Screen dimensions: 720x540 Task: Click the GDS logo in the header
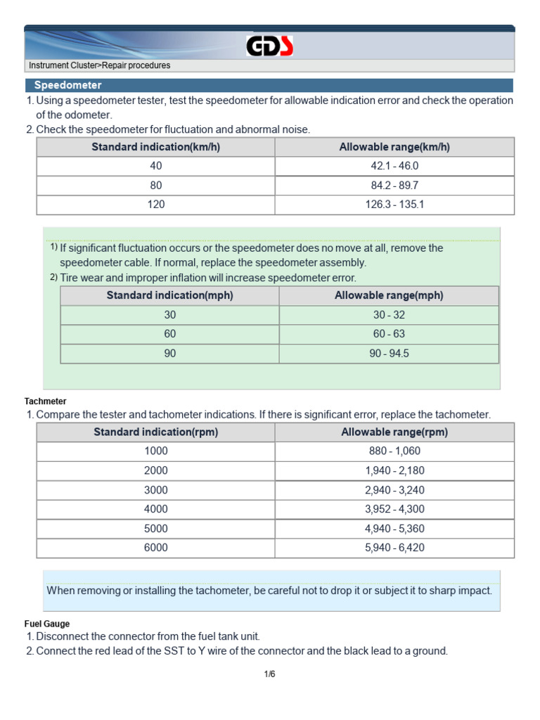(270, 46)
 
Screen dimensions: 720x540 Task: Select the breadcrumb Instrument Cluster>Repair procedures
(99, 65)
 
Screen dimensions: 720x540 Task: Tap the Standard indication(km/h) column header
(155, 147)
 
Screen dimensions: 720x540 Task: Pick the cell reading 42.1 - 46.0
(394, 166)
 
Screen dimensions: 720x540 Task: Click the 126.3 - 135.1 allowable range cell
(394, 205)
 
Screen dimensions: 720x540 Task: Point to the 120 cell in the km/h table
(155, 205)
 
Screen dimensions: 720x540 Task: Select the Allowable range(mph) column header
(389, 295)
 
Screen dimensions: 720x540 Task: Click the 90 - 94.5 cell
(389, 354)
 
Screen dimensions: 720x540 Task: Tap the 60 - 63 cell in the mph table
(389, 334)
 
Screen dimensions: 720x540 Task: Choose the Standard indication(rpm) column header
(155, 432)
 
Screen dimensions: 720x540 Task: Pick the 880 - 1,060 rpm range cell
(394, 451)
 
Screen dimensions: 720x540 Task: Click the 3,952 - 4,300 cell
(394, 509)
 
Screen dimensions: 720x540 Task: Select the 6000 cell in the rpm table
(155, 548)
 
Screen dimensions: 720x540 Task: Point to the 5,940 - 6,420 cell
(394, 548)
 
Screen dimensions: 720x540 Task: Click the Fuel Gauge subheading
(47, 624)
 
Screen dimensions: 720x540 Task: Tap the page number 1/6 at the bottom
(270, 674)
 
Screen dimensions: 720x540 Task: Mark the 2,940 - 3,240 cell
(394, 490)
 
